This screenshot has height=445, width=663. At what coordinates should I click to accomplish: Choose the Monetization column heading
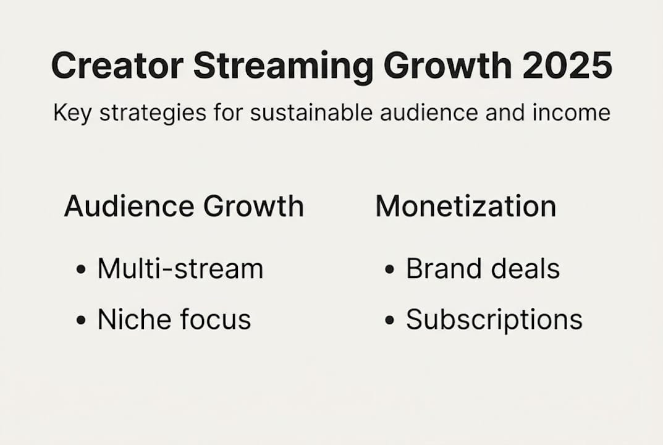click(x=466, y=206)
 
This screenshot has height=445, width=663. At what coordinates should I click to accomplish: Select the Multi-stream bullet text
click(x=180, y=269)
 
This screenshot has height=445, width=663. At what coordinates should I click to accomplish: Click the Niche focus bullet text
click(x=174, y=320)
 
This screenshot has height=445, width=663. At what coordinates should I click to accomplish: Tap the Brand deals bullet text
click(x=483, y=269)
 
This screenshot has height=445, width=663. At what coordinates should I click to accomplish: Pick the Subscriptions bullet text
click(x=494, y=320)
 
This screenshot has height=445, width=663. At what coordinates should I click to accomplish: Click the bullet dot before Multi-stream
click(x=81, y=270)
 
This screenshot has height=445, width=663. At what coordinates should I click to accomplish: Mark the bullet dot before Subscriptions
click(x=389, y=321)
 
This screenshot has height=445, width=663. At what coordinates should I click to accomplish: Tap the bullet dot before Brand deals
click(x=389, y=270)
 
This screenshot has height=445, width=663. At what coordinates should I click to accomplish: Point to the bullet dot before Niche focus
click(x=81, y=321)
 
